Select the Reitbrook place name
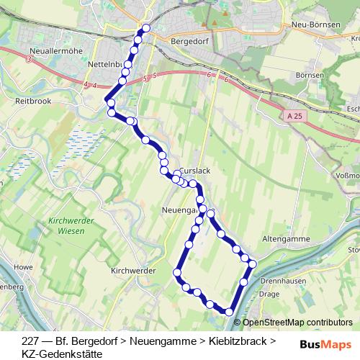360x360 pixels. [32, 102]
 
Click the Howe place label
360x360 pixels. [24, 266]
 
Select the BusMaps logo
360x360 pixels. [330, 343]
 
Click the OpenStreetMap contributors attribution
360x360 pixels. [297, 322]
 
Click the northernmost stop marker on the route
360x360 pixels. [146, 28]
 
